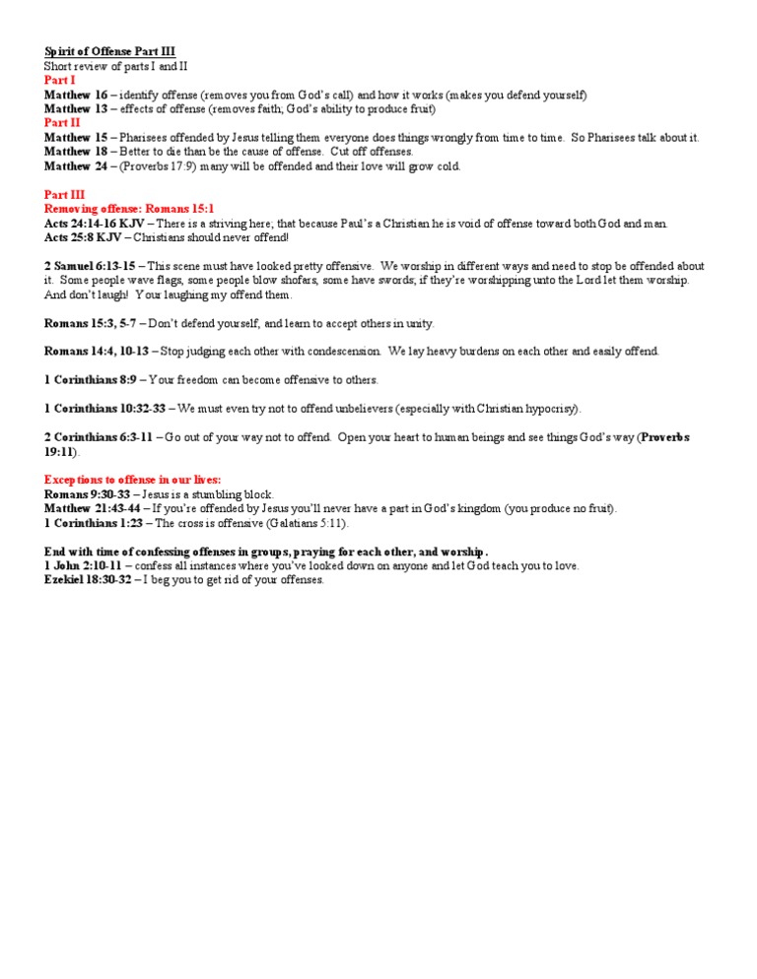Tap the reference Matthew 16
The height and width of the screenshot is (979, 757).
tap(76, 95)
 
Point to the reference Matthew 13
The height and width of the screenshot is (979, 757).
tap(76, 108)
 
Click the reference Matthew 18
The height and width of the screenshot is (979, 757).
tap(76, 152)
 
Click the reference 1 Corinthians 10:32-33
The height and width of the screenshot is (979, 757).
tap(104, 408)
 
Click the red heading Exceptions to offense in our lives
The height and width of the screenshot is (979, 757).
tap(132, 479)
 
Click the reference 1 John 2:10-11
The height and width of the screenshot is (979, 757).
tap(86, 565)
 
